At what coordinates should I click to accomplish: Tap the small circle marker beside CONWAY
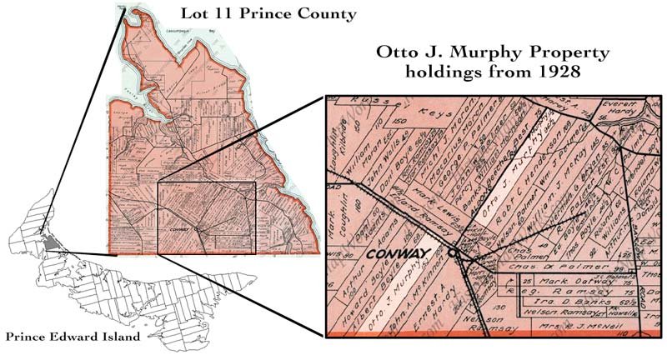click(453, 251)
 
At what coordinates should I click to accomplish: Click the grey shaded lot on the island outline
click(53, 242)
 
